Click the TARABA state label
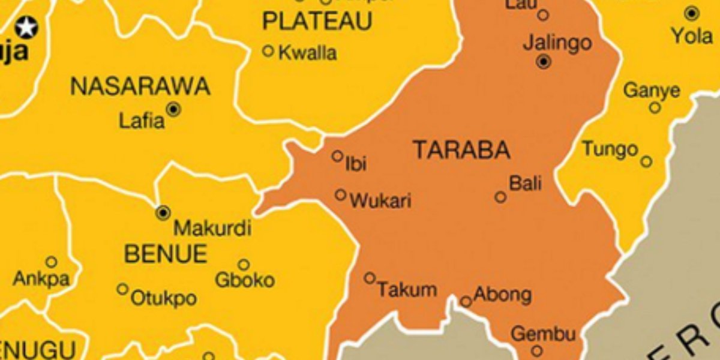click(x=461, y=150)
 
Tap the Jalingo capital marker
click(x=544, y=61)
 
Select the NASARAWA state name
click(x=140, y=87)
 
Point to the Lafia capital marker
click(x=174, y=109)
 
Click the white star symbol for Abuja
click(x=26, y=27)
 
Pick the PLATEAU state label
click(x=317, y=22)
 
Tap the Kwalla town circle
click(x=268, y=51)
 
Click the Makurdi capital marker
click(x=163, y=212)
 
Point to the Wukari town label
click(x=380, y=201)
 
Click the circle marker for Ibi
click(x=338, y=156)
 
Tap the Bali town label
click(x=525, y=183)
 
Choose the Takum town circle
click(x=370, y=278)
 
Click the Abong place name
click(x=502, y=295)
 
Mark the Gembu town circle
click(x=537, y=350)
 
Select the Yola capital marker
click(x=692, y=13)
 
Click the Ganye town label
click(x=652, y=91)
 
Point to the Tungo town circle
click(x=646, y=161)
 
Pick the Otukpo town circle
click(x=122, y=289)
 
